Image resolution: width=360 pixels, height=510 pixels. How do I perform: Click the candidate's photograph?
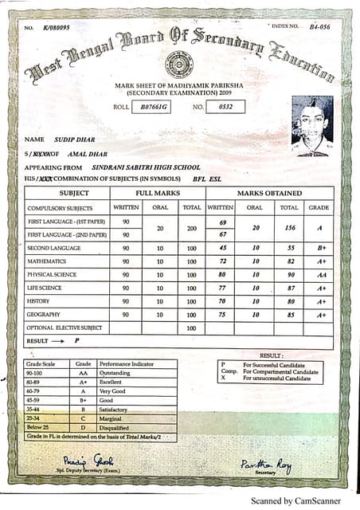[x=312, y=125]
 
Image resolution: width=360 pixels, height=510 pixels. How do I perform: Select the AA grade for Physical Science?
[x=321, y=275]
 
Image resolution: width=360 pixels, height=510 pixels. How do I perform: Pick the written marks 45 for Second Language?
[x=223, y=247]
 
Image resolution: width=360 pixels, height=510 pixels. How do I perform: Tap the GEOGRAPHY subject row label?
[x=46, y=315]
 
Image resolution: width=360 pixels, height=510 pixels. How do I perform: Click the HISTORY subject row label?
[x=40, y=302]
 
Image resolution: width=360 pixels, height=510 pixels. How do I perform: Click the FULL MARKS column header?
[x=157, y=194]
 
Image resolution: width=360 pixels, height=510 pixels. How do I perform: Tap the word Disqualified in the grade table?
[x=118, y=427]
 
